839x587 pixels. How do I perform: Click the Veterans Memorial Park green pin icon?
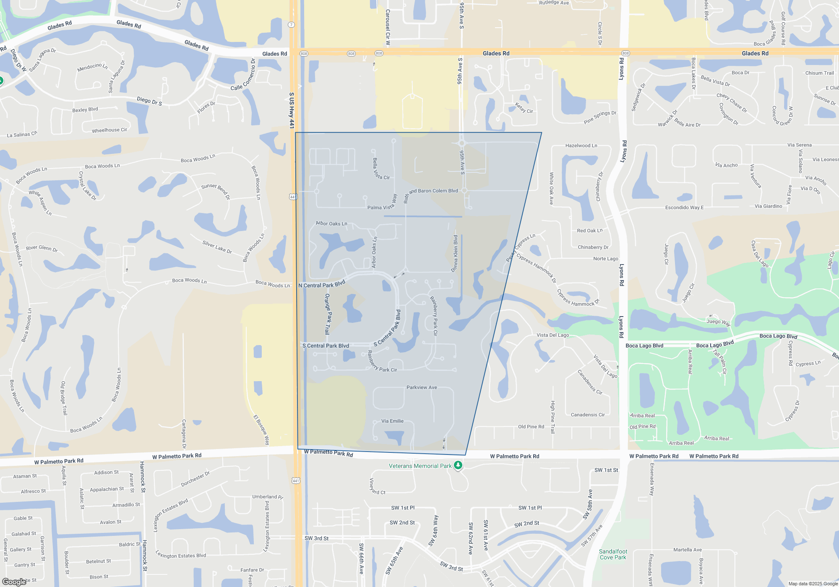click(458, 465)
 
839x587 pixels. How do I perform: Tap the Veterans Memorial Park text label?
click(420, 466)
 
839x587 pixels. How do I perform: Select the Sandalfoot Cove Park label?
click(613, 554)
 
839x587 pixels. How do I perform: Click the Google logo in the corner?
click(14, 582)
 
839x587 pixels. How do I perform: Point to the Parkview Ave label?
click(422, 387)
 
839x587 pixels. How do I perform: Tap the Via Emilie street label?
click(392, 421)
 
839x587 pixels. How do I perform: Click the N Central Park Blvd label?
click(322, 284)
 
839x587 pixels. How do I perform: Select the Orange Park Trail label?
click(328, 314)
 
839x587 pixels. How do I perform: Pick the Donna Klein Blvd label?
click(455, 253)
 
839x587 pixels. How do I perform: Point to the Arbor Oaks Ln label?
click(331, 223)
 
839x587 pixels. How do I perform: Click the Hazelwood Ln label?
click(581, 145)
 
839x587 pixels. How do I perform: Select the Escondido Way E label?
click(684, 208)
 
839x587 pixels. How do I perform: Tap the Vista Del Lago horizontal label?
click(552, 335)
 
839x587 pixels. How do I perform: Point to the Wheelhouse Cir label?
click(109, 130)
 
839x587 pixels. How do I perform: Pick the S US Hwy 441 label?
click(292, 110)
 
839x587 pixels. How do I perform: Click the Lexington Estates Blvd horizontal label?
click(181, 555)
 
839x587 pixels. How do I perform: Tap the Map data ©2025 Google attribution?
click(813, 584)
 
